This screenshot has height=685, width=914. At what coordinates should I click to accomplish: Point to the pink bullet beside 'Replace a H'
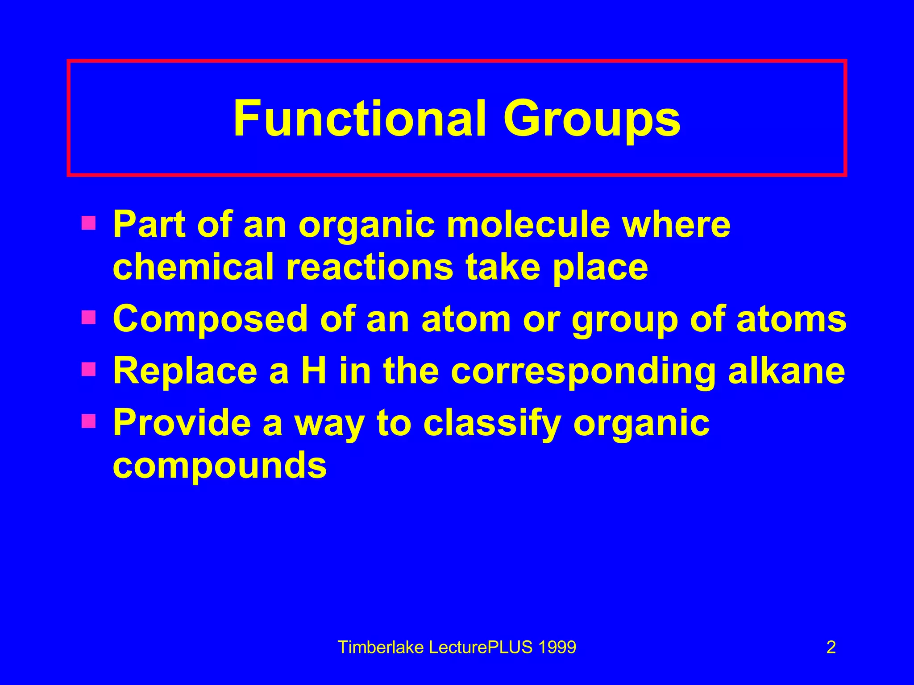[x=88, y=369]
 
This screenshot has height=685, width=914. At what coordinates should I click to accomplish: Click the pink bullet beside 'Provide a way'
[x=88, y=421]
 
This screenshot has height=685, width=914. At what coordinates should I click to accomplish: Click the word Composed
[x=210, y=320]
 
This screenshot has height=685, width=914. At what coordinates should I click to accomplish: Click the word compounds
[x=220, y=466]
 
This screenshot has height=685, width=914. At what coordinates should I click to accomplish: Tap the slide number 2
[x=831, y=647]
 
